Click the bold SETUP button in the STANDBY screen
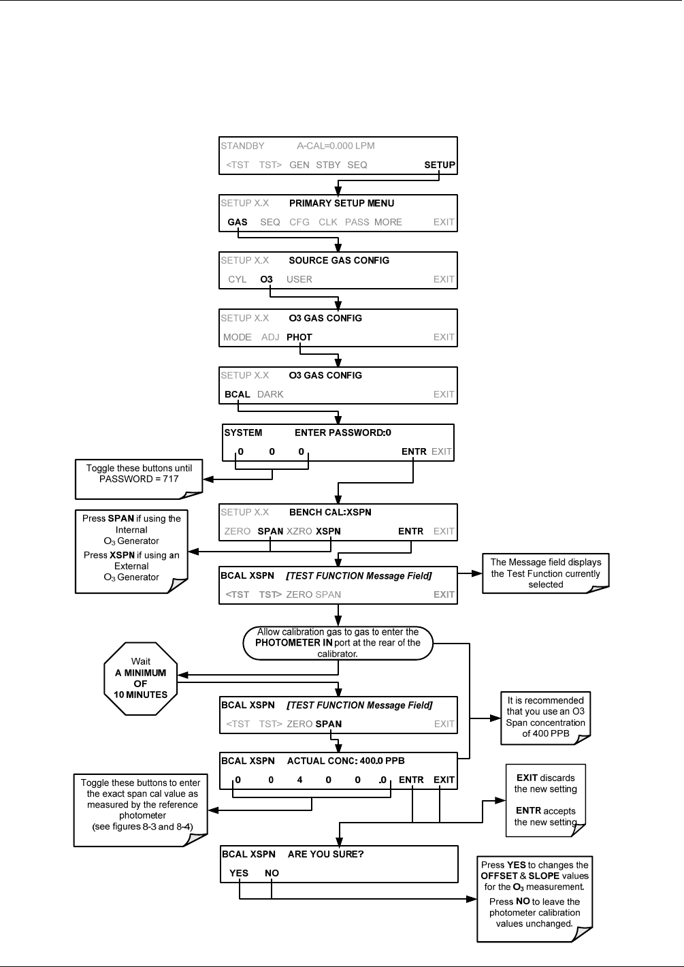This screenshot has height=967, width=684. tap(439, 165)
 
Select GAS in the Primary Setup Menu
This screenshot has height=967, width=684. tap(238, 222)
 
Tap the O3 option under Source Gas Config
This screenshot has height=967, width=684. tap(266, 279)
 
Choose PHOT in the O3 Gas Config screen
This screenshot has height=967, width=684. tap(299, 337)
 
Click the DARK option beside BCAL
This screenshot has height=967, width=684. tap(270, 394)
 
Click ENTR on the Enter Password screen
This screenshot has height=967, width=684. tap(414, 451)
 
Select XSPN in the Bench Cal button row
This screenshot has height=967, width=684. tap(328, 531)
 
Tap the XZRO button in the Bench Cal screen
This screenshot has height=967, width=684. tap(299, 531)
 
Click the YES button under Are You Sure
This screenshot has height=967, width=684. tap(239, 873)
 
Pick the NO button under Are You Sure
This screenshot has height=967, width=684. tap(272, 873)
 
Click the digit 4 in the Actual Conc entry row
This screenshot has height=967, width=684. tap(299, 780)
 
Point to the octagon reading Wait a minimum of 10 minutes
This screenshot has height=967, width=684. tap(141, 679)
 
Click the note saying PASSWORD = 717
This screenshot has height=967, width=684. tap(139, 479)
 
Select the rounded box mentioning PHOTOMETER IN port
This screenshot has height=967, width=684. tap(338, 643)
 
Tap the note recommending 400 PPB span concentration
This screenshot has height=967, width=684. tap(545, 718)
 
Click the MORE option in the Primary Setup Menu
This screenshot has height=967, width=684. tap(388, 222)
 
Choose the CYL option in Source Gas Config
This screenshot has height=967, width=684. tap(238, 279)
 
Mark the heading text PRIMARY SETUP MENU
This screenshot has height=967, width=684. tap(342, 203)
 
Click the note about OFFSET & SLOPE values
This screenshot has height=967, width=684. tap(535, 899)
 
